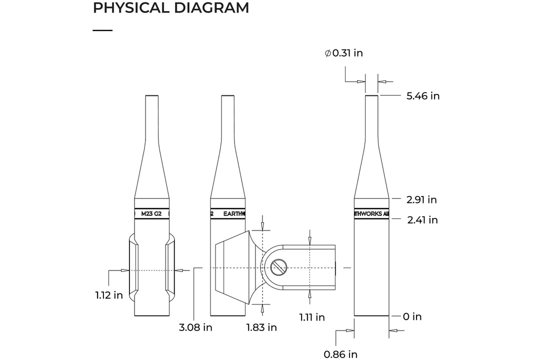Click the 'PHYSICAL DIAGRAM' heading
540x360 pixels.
coord(171,8)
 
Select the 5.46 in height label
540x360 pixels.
coord(423,96)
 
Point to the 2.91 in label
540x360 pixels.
coord(421,199)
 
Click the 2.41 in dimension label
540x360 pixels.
coord(422,220)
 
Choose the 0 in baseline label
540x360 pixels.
coord(412,316)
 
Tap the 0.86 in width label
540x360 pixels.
coord(340,354)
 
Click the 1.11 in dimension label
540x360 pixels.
coord(312,317)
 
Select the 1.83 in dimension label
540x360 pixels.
coord(261,327)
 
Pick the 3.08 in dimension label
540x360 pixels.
coord(195,328)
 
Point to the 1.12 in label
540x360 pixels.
coord(109,295)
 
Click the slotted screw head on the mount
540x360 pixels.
coord(278,268)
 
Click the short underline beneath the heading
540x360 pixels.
coord(102,30)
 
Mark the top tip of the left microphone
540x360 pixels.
coord(152,96)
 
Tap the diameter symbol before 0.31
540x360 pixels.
coord(327,53)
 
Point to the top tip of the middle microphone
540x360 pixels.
coord(228,96)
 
